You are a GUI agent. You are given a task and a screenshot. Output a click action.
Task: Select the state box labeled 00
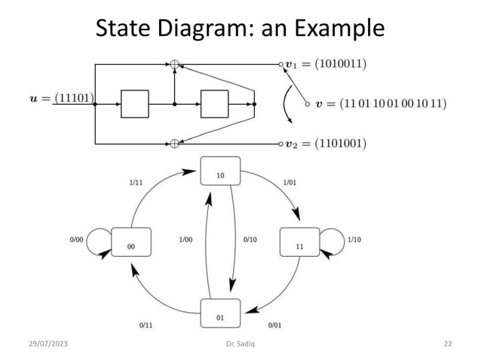(131, 242)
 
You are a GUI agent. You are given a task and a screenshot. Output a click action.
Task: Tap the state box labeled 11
(299, 242)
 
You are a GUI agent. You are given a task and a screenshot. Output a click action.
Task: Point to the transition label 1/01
(290, 182)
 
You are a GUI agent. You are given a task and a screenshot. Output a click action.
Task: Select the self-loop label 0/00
(77, 239)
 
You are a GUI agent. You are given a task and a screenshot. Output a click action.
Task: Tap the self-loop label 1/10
(354, 239)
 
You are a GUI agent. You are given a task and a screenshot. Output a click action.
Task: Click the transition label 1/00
(186, 239)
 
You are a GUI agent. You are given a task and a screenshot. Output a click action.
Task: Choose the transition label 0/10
(250, 239)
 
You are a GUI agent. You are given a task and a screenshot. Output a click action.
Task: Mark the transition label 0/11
(146, 325)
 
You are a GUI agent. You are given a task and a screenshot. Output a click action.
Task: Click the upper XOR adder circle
(174, 65)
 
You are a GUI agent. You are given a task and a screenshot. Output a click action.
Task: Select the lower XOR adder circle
(174, 142)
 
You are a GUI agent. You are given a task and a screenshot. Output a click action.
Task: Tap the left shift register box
(135, 104)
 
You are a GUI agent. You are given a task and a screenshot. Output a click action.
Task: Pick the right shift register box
(214, 104)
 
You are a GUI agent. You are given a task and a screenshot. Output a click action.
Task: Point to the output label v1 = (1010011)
(326, 64)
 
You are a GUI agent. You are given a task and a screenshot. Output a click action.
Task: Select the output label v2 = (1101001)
(326, 143)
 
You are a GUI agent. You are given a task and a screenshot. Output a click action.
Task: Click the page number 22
(448, 343)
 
